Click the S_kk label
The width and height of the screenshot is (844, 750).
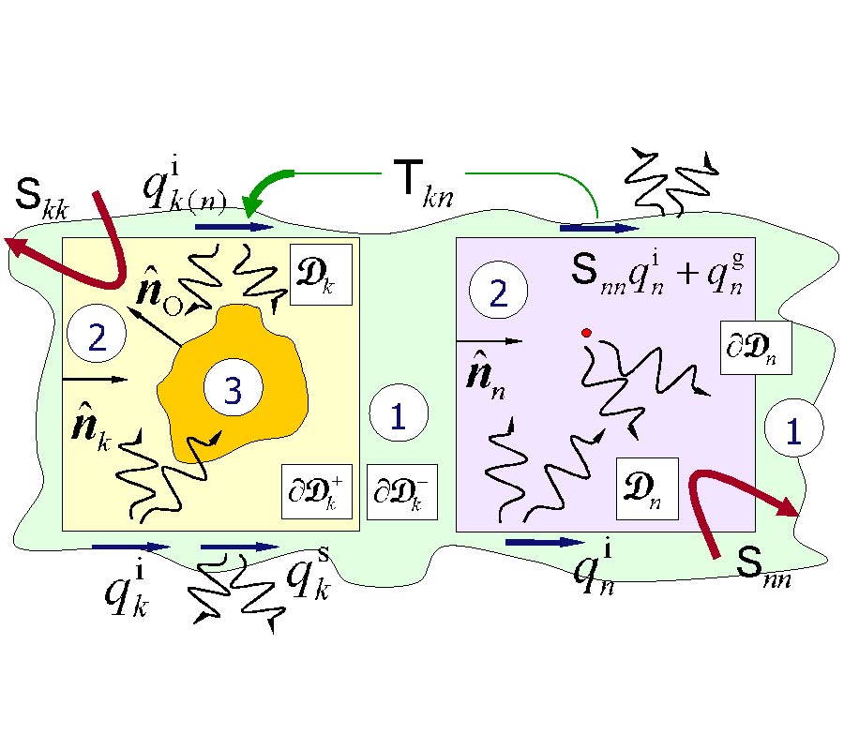click(45, 193)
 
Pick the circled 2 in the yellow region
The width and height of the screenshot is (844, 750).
click(98, 337)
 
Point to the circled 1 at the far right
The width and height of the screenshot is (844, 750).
click(793, 430)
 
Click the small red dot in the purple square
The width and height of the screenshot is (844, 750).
click(587, 332)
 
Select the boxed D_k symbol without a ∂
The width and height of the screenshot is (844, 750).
click(321, 274)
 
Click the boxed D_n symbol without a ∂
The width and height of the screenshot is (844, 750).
click(646, 488)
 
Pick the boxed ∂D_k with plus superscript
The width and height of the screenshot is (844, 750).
click(317, 491)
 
